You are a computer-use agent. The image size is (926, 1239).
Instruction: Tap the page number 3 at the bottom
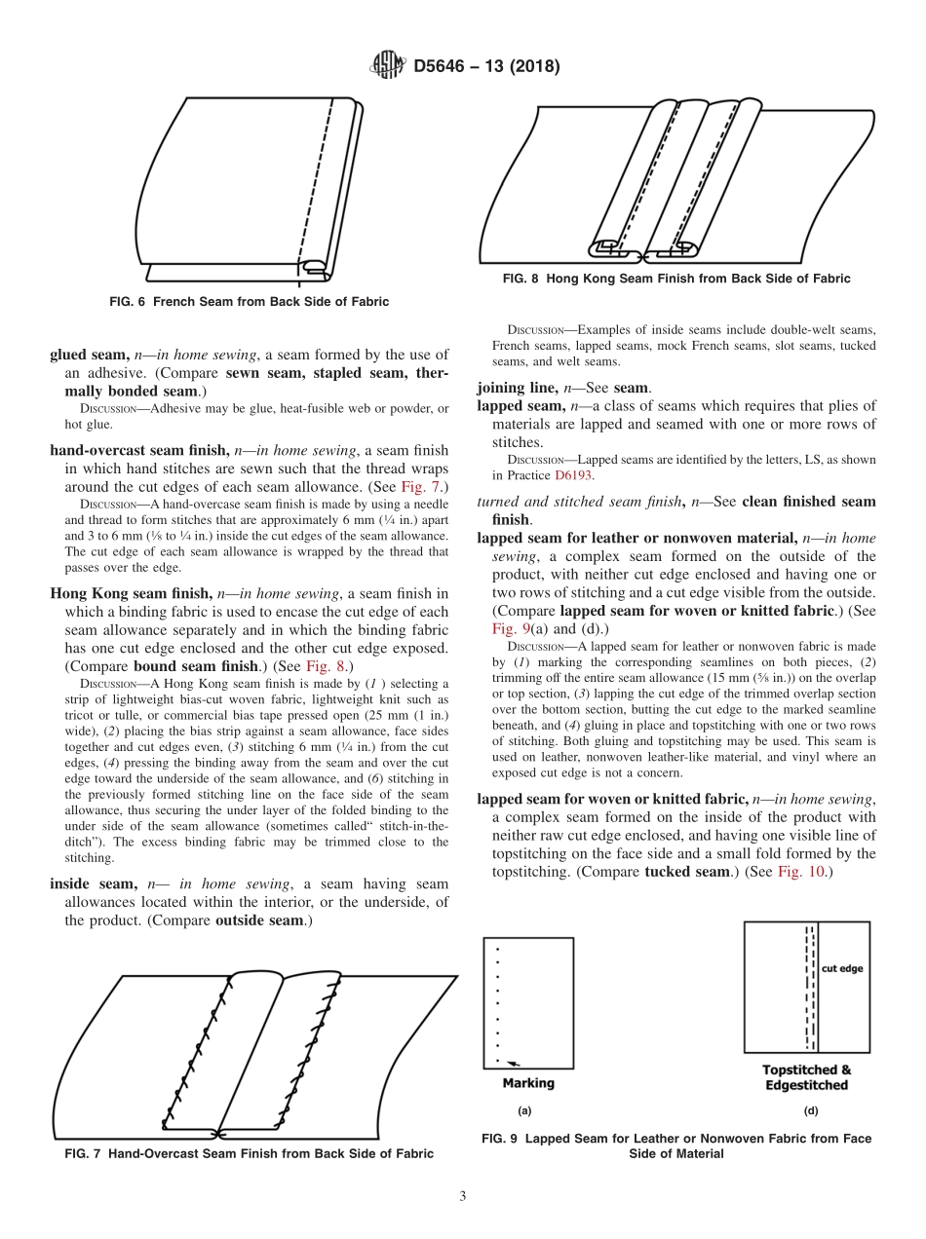pos(463,1196)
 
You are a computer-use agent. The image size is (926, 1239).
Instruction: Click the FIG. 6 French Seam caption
pos(249,302)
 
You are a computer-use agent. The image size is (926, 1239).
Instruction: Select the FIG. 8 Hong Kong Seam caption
pos(675,279)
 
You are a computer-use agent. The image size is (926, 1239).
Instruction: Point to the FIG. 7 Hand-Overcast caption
pos(249,1153)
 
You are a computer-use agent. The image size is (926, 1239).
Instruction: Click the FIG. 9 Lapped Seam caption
pos(675,1145)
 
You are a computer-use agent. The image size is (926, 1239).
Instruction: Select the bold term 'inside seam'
pos(93,883)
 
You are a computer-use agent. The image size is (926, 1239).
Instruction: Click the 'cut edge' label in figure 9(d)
pos(841,969)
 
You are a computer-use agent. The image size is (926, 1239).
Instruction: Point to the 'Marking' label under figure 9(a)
pos(527,1083)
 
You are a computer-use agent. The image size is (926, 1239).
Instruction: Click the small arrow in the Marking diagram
pos(513,1064)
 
